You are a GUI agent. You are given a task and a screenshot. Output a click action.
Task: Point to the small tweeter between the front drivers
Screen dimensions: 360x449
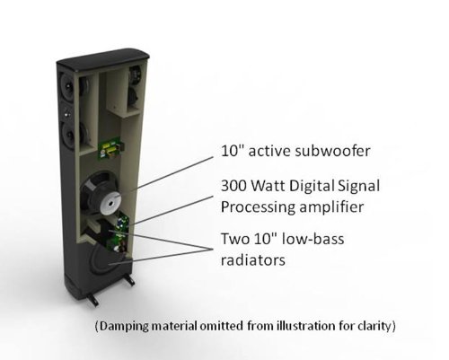pyautogui.click(x=67, y=115)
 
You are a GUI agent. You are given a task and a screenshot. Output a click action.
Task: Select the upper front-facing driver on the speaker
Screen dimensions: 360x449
pyautogui.click(x=67, y=91)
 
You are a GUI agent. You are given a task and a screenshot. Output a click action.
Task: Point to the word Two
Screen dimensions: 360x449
pyautogui.click(x=234, y=241)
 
